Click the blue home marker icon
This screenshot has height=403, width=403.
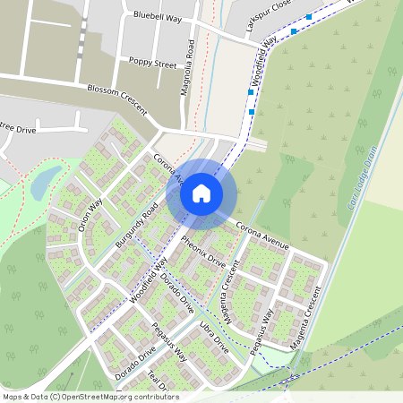pyautogui.click(x=201, y=193)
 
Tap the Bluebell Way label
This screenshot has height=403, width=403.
pyautogui.click(x=157, y=16)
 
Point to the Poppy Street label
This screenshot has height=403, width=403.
pyautogui.click(x=153, y=64)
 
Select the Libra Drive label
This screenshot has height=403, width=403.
pyautogui.click(x=215, y=334)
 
